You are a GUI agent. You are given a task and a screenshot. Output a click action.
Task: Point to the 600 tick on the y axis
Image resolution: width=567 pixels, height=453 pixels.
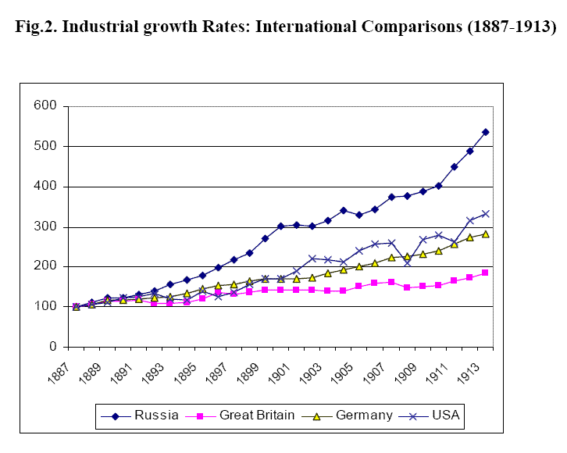coord(45,105)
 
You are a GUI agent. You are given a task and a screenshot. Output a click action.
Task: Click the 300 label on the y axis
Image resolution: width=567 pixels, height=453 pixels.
coord(45,226)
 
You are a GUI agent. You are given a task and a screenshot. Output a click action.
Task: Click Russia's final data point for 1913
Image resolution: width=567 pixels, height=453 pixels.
coord(485,132)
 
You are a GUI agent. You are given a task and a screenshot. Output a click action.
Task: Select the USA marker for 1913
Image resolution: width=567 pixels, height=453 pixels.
coord(485,213)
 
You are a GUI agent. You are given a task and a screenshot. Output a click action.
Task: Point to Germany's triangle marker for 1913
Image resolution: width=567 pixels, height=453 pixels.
coord(485,234)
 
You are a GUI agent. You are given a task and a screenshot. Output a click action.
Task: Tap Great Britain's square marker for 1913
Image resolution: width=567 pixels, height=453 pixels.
coord(485,273)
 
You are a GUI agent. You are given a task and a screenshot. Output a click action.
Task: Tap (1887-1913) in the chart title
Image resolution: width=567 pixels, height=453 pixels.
coord(508,27)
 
